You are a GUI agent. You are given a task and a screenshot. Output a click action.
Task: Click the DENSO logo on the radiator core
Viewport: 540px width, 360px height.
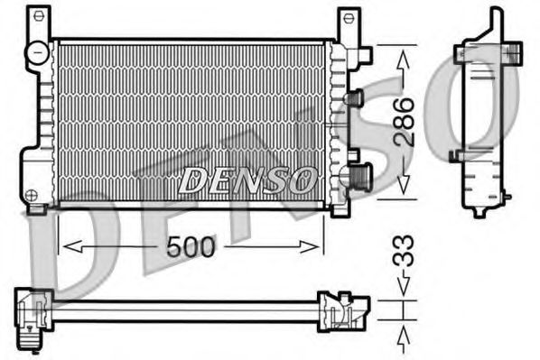(247, 180)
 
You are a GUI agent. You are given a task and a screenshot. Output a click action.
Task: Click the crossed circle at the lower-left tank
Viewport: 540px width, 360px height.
(33, 194)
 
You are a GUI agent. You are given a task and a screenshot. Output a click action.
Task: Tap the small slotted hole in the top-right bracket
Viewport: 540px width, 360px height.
(349, 17)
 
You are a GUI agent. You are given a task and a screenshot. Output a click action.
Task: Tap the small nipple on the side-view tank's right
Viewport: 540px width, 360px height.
(508, 194)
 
